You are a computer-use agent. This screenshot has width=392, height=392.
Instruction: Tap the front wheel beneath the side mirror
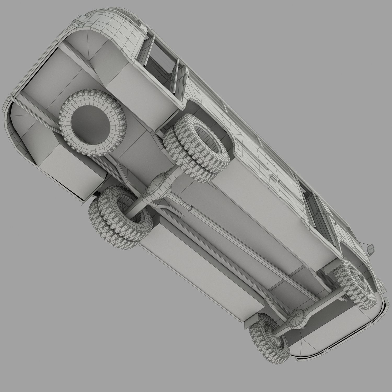coord(355,282)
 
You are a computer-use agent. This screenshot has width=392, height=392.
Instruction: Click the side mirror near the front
coord(370,248)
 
